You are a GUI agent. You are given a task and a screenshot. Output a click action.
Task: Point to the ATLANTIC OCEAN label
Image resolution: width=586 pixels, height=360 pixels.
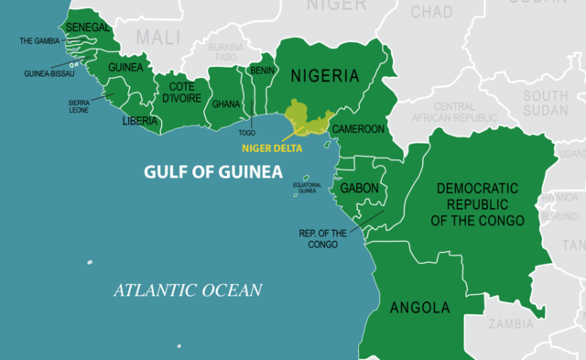pos(188,291)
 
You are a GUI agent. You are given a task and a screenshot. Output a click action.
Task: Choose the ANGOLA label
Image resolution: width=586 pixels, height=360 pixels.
pos(420,306)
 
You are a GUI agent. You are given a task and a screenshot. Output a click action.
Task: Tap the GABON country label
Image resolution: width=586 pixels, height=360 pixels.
pos(358,187)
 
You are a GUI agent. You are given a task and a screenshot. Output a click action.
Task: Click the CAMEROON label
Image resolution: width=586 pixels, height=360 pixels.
pos(357,129)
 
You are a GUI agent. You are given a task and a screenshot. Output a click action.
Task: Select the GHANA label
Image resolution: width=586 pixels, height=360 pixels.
pos(226,104)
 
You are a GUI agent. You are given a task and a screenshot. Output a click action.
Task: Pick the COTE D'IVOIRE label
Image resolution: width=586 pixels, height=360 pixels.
pos(181,93)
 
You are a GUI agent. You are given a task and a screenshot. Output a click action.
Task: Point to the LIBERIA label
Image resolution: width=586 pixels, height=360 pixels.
pos(139,120)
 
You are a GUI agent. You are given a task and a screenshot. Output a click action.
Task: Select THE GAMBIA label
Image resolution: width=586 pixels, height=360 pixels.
pos(39,42)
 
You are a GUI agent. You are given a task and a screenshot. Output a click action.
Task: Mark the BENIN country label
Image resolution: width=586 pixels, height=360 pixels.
pos(261,70)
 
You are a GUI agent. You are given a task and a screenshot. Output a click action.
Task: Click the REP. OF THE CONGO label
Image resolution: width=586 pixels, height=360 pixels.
pos(323,237)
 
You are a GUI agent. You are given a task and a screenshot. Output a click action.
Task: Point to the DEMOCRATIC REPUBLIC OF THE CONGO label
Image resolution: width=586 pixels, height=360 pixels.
pos(477,204)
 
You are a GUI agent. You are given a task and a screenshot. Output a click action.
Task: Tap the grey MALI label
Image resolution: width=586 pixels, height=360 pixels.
pos(159,38)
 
